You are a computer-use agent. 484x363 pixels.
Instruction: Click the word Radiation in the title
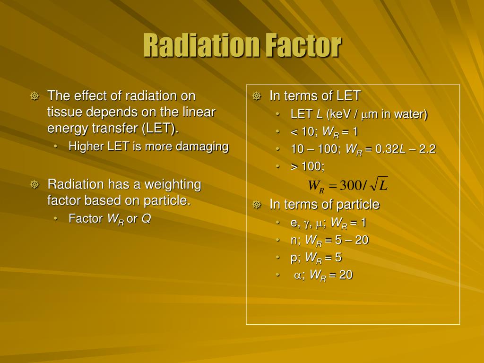pos(201,46)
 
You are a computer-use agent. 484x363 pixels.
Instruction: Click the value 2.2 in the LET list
pos(427,149)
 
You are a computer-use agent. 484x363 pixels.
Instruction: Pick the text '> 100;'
pos(308,166)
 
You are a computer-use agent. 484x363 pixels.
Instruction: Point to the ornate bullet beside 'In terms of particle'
pos(257,205)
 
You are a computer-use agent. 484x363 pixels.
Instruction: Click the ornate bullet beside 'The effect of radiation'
pos(35,96)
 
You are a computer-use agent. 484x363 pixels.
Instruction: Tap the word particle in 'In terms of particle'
pos(358,205)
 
